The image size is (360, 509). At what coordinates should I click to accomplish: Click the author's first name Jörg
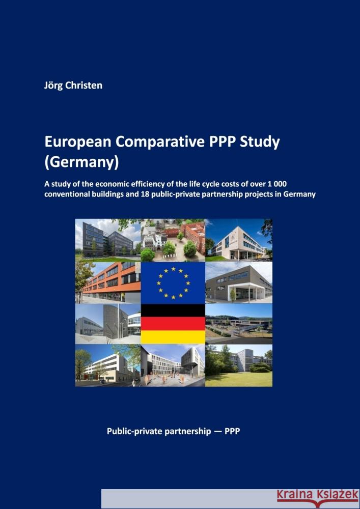(54, 86)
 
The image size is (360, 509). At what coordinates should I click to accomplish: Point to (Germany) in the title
(81, 163)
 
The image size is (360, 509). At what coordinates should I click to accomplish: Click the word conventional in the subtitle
(70, 194)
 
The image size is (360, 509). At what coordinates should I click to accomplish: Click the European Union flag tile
(173, 282)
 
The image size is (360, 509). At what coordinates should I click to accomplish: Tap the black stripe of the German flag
(173, 310)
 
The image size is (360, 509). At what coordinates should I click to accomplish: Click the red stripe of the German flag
(173, 323)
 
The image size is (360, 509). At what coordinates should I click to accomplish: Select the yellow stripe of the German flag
(173, 337)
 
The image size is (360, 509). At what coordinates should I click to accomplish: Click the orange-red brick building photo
(108, 282)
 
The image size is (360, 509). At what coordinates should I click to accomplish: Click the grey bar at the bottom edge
(230, 499)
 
